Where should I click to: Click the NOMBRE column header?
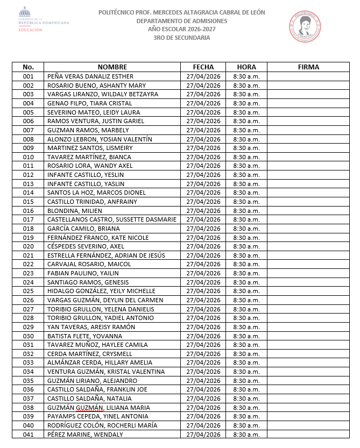112,67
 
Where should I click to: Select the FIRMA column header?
308,67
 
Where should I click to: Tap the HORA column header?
246,67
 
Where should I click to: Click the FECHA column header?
203,67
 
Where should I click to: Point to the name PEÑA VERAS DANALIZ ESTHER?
90,76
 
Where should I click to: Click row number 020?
29,246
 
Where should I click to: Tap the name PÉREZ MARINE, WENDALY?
86,434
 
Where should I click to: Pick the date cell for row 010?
203,157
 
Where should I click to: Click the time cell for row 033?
246,362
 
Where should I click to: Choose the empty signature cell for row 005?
308,112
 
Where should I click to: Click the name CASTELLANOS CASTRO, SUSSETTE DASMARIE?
112,219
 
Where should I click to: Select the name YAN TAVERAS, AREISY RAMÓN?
91,327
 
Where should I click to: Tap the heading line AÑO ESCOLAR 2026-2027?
181,29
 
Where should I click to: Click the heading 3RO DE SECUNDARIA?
181,38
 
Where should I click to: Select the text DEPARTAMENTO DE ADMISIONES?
181,20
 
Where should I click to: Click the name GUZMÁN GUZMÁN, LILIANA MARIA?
97,407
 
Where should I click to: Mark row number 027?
29,309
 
